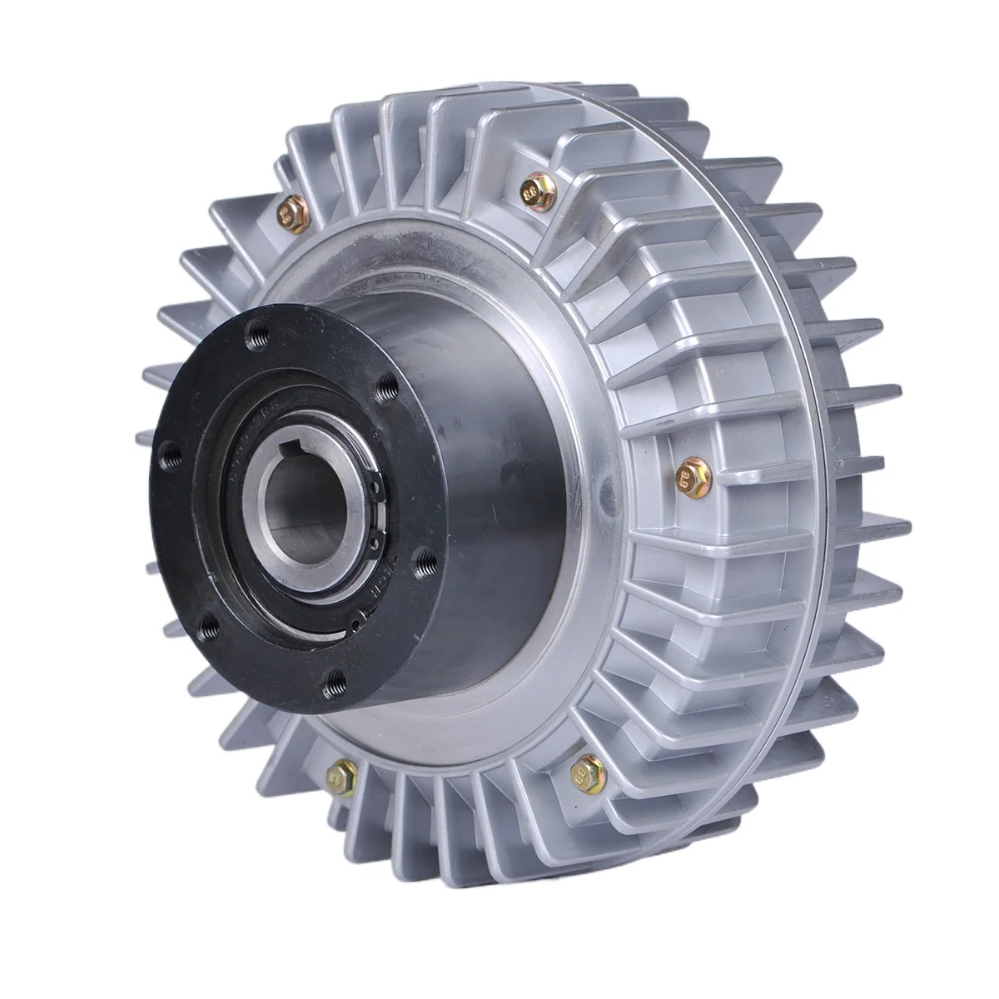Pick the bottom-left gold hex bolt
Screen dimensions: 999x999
[340, 777]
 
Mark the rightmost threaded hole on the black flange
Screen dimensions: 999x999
[425, 569]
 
